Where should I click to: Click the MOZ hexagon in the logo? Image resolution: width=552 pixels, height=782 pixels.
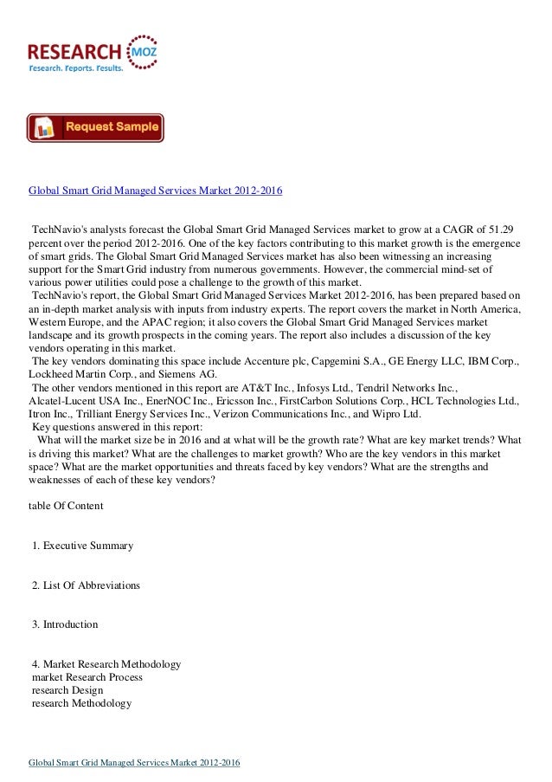click(141, 48)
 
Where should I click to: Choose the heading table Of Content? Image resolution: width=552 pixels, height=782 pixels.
click(66, 505)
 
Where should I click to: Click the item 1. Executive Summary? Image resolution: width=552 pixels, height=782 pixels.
click(82, 546)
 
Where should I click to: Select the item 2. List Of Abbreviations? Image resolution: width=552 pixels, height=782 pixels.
click(86, 585)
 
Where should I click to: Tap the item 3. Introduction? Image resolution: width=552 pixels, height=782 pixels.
click(65, 624)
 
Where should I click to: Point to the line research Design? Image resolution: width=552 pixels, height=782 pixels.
click(67, 690)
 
